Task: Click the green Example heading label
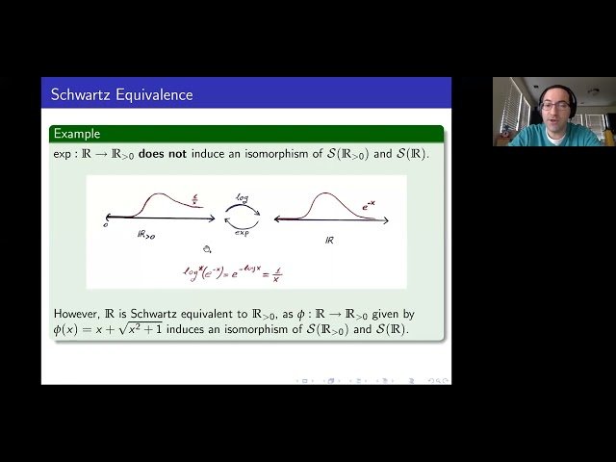pyautogui.click(x=77, y=134)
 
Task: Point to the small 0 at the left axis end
pyautogui.click(x=106, y=225)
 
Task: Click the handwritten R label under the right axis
pyautogui.click(x=330, y=241)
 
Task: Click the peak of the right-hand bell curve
pyautogui.click(x=322, y=195)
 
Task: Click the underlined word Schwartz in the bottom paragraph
pyautogui.click(x=149, y=315)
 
